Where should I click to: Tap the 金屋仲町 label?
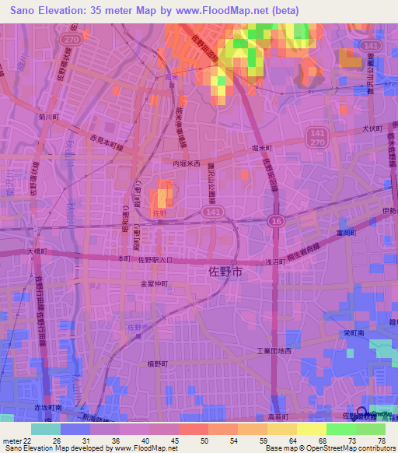(x=155, y=284)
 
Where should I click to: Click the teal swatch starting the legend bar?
(x=45, y=429)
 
